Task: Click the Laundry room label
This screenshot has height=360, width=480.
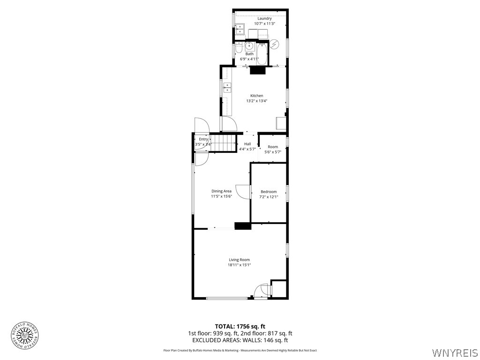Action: (x=261, y=19)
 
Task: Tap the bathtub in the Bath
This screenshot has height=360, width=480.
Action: (x=262, y=53)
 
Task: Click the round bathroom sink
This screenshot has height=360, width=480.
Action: (x=249, y=46)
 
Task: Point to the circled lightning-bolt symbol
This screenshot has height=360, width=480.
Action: (x=275, y=45)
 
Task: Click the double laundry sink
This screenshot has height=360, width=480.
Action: (x=240, y=29)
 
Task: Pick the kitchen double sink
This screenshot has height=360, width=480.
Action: (x=227, y=87)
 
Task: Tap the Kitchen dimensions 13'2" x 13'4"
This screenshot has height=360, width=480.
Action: (x=257, y=101)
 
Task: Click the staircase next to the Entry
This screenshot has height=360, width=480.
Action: (x=224, y=142)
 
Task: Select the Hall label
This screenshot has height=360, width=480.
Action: (x=247, y=144)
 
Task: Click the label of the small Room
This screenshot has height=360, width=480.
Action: (x=273, y=147)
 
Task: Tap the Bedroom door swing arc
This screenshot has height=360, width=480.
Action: (x=242, y=192)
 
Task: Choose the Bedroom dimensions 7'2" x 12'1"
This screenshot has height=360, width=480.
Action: (x=269, y=197)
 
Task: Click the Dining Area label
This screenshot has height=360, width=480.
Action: (x=222, y=191)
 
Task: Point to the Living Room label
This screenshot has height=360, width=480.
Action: (x=239, y=260)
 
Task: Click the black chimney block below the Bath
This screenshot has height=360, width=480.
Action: (x=257, y=70)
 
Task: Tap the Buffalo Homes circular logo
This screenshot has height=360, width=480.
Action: (x=25, y=335)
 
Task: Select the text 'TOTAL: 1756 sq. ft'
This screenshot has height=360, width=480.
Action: (x=240, y=326)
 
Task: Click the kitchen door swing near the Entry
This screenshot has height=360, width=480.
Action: (x=229, y=124)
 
